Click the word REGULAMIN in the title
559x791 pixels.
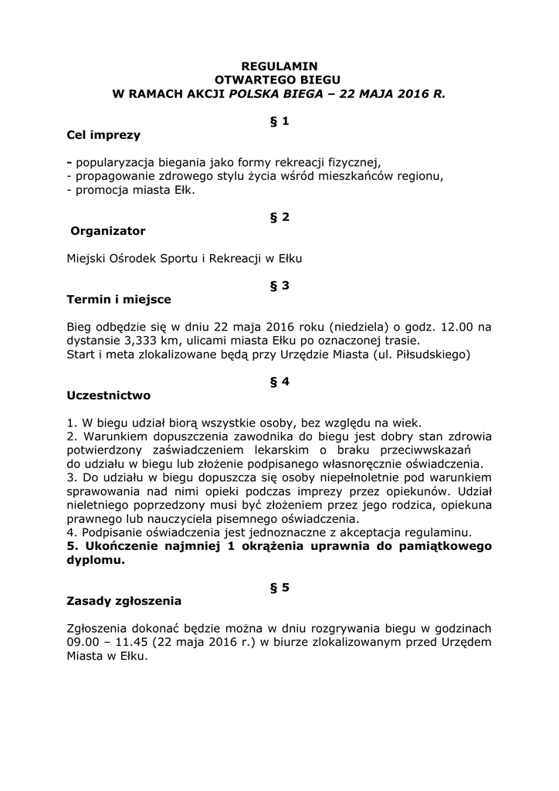coord(279,66)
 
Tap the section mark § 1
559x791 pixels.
coord(279,121)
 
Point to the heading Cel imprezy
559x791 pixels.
coord(103,135)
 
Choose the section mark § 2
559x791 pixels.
coord(279,217)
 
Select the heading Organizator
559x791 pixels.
coord(107,231)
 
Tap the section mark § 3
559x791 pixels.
coord(279,286)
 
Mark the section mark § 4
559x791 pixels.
coord(279,382)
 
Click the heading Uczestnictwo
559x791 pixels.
coord(109,395)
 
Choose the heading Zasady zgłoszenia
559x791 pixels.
coord(124,601)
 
